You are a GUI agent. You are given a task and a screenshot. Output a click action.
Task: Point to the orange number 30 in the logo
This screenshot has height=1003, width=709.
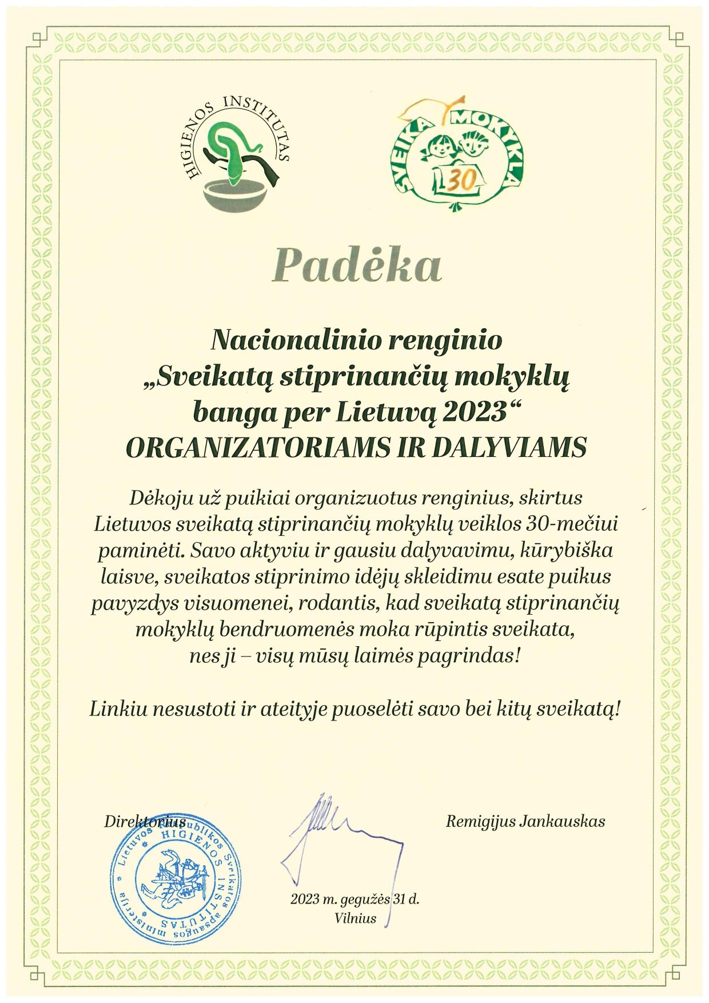(x=460, y=181)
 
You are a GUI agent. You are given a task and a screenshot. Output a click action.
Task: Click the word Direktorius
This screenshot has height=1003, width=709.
(x=145, y=822)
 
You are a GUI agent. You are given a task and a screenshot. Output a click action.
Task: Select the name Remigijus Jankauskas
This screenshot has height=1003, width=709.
(x=525, y=822)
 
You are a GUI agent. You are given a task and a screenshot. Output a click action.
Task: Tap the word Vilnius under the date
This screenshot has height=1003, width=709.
(x=356, y=919)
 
